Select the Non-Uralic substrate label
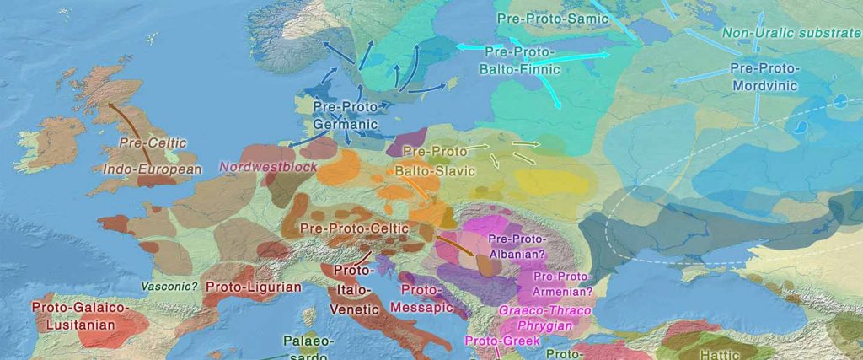pyautogui.click(x=791, y=34)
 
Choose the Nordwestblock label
pyautogui.click(x=269, y=167)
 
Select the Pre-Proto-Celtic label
pyautogui.click(x=354, y=228)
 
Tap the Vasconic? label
pyautogui.click(x=169, y=287)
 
